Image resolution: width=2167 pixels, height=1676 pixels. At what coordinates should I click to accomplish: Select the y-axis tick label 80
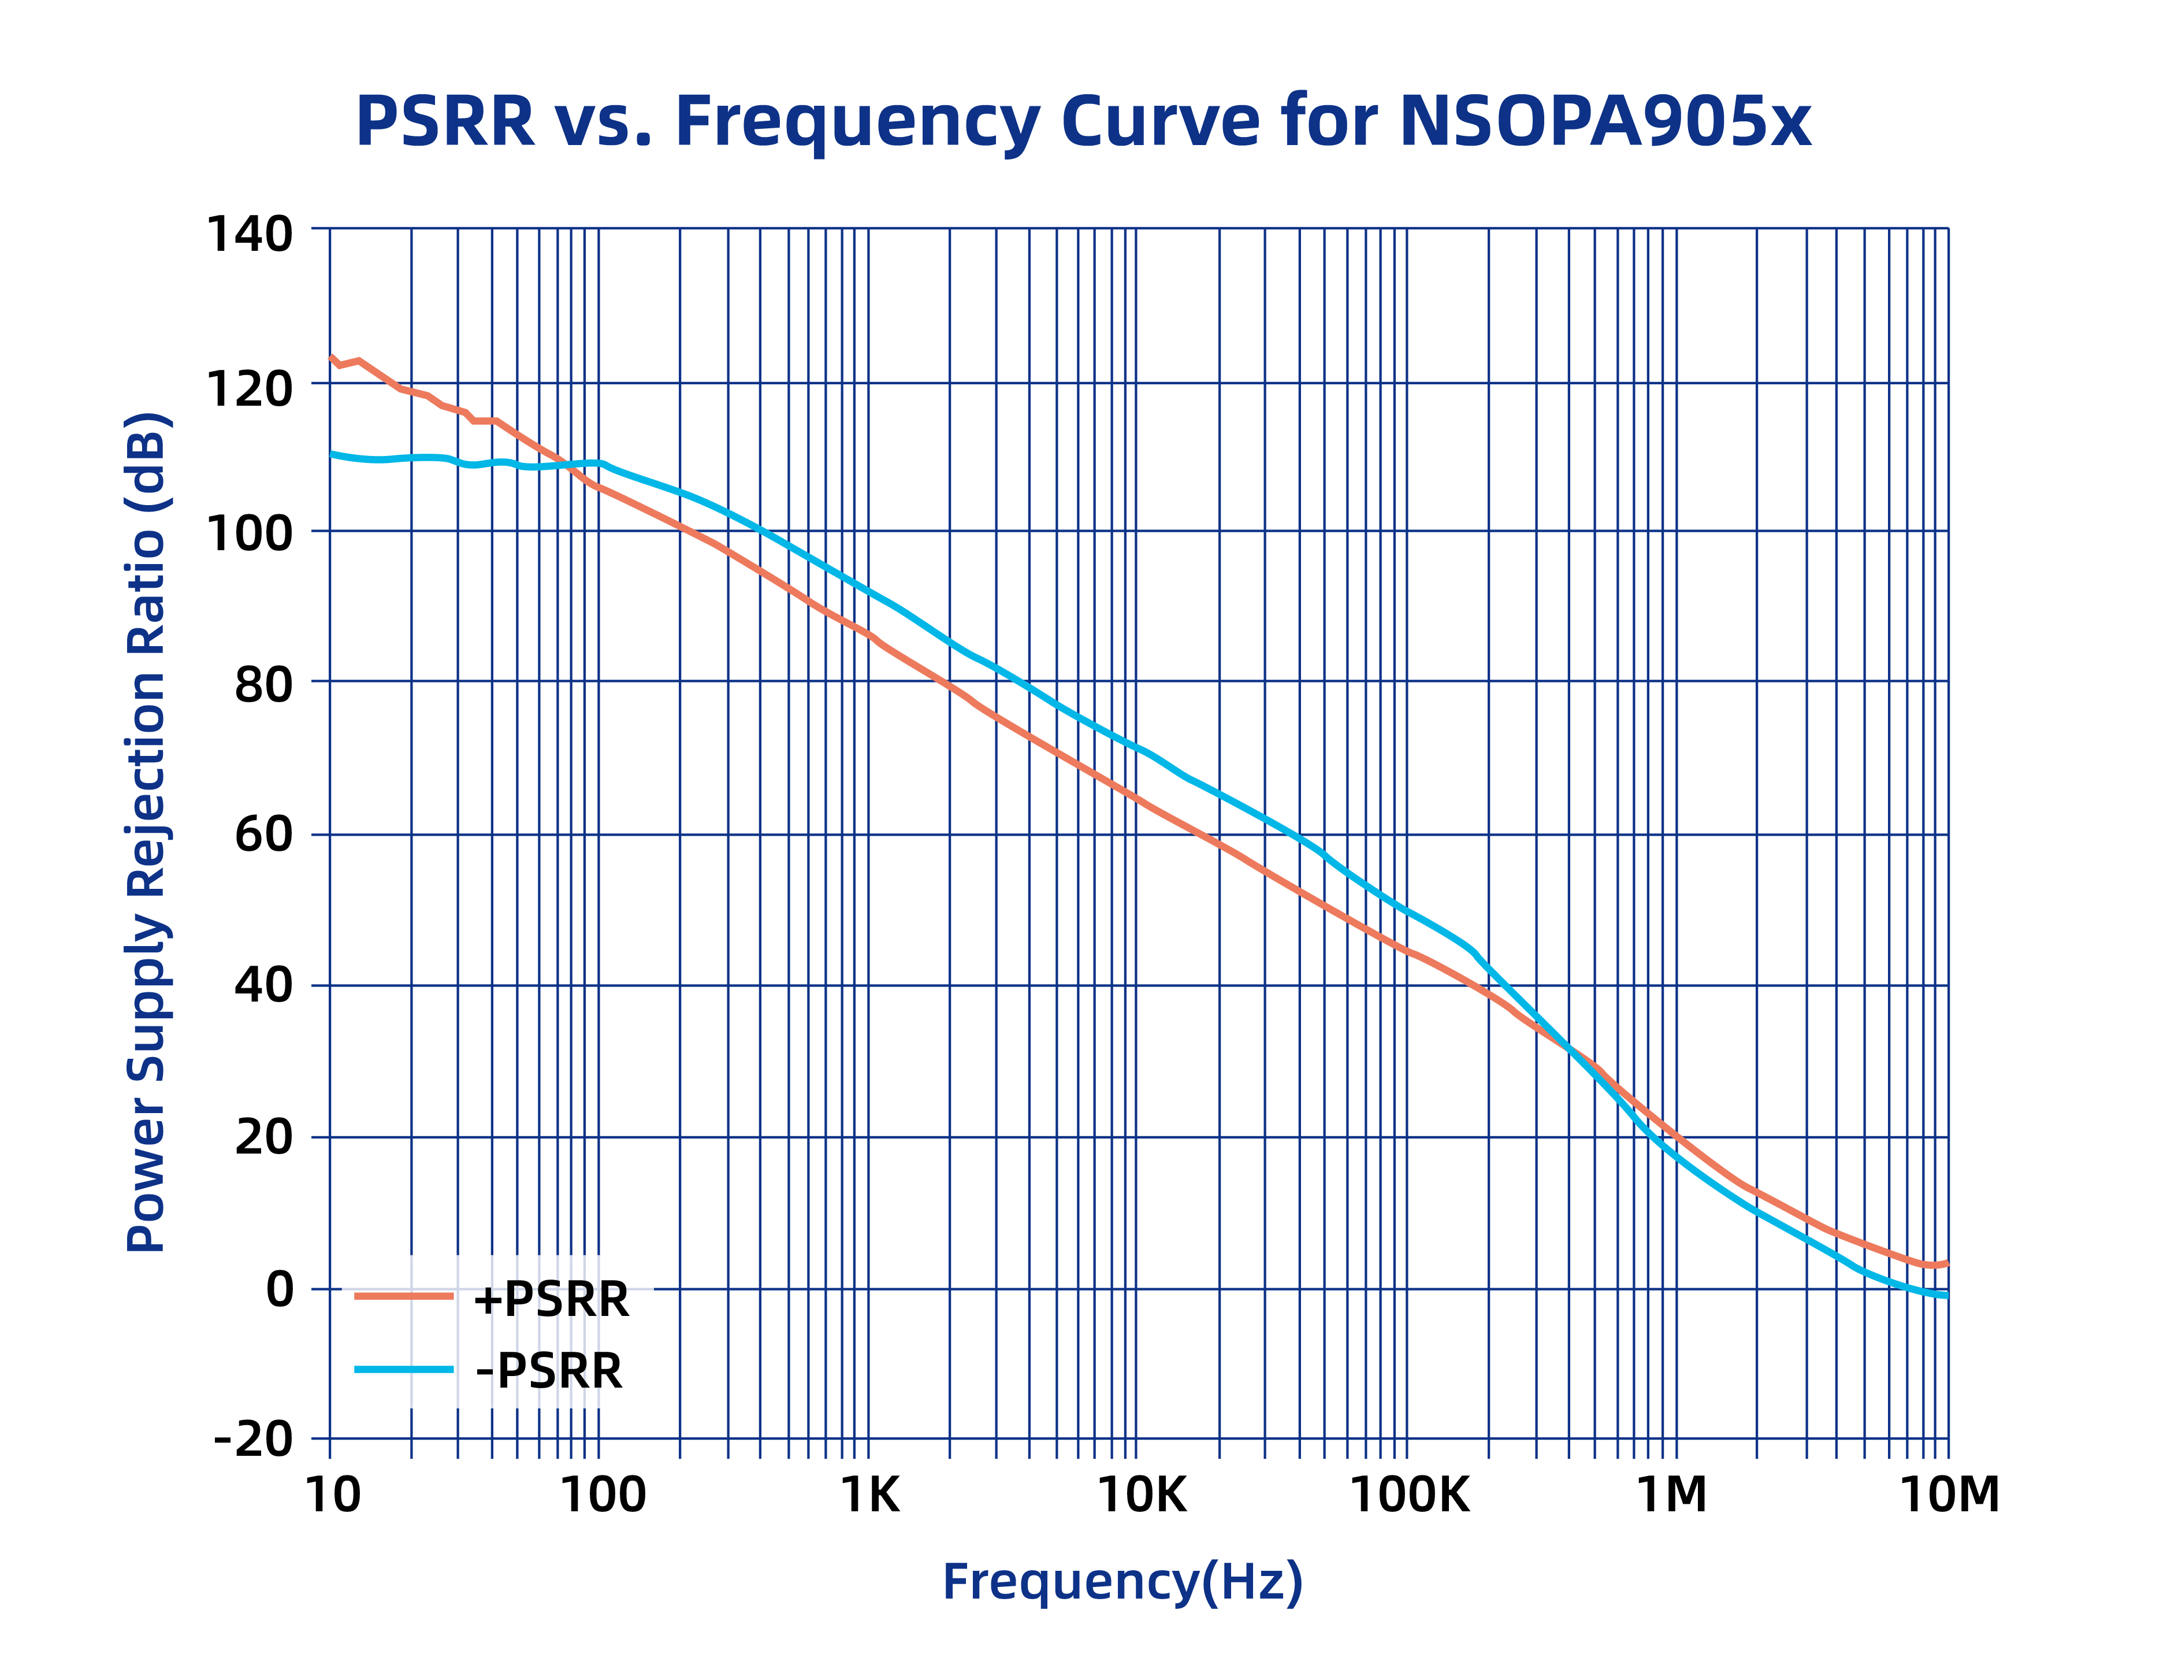coord(264,685)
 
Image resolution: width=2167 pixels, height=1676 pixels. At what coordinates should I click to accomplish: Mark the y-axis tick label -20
coord(254,1438)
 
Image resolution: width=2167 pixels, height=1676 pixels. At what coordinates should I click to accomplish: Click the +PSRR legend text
coord(551,1300)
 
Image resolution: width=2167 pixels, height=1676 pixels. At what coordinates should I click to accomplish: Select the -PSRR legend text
coord(549,1371)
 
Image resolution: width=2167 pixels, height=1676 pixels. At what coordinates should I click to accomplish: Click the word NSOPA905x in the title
coord(1604,121)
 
